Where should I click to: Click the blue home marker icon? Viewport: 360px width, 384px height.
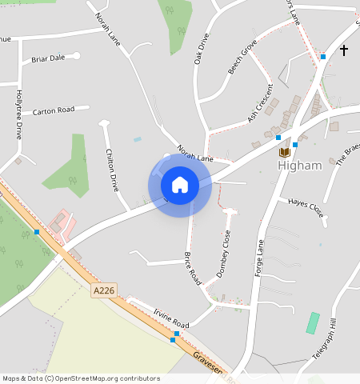click(180, 185)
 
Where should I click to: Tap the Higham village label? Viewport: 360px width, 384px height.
click(300, 166)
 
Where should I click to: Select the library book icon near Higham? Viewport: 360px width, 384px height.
click(284, 152)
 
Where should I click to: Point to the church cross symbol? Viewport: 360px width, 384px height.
click(344, 50)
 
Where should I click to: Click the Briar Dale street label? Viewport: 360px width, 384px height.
click(48, 58)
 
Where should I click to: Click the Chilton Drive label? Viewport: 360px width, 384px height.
click(112, 170)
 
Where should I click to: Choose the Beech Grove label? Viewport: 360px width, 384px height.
click(242, 57)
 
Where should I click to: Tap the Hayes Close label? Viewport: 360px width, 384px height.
click(306, 209)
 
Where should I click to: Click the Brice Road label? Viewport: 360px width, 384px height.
click(193, 267)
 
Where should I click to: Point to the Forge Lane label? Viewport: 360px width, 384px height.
click(258, 258)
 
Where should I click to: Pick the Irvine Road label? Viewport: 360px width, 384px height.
click(171, 318)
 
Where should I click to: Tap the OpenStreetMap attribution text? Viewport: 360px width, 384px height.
click(81, 378)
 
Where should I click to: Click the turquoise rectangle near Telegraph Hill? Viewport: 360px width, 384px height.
click(313, 323)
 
